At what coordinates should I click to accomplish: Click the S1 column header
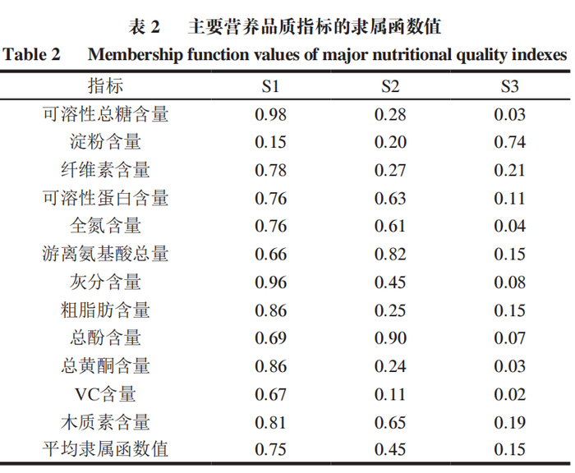271,86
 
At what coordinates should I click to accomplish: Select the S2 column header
390,86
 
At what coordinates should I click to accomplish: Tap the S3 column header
509,86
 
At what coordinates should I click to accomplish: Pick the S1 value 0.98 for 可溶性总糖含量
271,114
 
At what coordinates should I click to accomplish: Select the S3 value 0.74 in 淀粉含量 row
509,142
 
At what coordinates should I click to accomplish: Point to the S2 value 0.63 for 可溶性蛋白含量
390,198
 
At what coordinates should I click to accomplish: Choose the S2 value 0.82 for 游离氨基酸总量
390,254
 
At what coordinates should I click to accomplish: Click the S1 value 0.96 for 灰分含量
271,282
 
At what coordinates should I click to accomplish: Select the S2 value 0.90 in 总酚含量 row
390,338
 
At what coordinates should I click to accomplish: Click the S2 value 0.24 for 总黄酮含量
390,366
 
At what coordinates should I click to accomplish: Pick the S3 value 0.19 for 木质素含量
509,422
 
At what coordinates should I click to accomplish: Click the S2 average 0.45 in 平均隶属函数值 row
390,450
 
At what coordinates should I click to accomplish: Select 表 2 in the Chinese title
144,26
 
